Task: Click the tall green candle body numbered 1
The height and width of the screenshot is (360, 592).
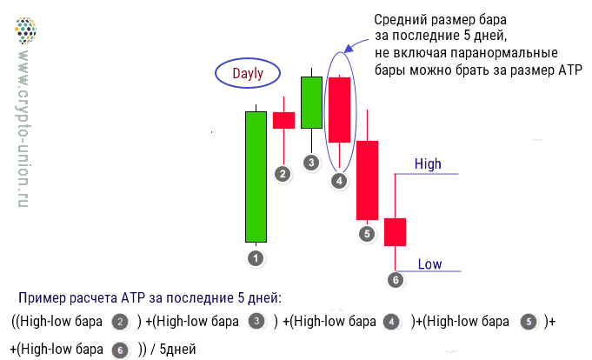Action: pos(256,177)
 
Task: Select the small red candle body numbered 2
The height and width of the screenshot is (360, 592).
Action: pos(284,121)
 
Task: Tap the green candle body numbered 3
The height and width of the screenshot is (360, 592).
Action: pos(311,103)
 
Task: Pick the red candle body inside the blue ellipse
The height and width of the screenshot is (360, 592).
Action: pos(339,110)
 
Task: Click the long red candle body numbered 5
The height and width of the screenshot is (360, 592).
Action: pos(368,180)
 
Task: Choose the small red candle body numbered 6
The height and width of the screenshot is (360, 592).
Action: pos(395,232)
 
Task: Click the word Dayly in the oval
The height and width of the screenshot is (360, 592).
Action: pos(248,74)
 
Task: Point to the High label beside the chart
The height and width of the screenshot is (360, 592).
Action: pos(428,164)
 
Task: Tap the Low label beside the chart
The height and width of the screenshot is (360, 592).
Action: pos(429,264)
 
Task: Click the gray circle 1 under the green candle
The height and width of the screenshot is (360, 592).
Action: pos(256,258)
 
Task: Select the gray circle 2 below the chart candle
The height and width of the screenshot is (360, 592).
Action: pos(283,174)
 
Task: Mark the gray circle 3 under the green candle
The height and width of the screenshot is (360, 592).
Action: pos(311,163)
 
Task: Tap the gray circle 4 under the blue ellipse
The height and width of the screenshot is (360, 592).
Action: pos(339,181)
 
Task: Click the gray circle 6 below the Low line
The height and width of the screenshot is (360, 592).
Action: pos(396,280)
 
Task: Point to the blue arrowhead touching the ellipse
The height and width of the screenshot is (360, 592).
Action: pos(349,48)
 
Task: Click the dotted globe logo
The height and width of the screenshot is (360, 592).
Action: pos(26,30)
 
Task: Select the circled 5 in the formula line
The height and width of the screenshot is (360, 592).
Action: pos(529,322)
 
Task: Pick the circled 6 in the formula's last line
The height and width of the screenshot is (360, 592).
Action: pos(120,350)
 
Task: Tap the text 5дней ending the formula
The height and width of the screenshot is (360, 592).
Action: pos(177,349)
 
